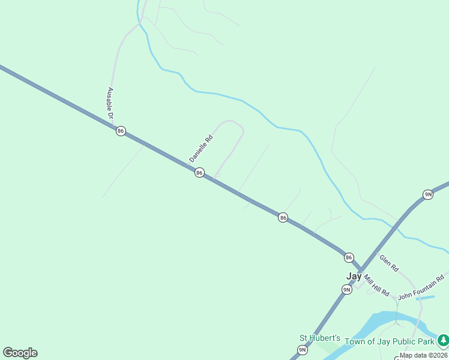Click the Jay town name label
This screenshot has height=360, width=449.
[354, 277]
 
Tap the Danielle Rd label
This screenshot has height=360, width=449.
[201, 148]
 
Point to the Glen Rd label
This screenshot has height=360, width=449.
[389, 263]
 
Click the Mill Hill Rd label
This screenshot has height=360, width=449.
[376, 285]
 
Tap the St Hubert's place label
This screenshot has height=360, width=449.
[320, 338]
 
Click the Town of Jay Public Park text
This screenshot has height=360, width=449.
[389, 341]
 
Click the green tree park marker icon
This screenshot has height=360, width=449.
[443, 340]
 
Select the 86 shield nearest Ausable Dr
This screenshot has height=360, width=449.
[121, 131]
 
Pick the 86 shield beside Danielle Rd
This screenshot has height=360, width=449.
[199, 173]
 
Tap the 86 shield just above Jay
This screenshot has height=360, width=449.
[349, 257]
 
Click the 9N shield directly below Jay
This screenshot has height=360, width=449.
[346, 290]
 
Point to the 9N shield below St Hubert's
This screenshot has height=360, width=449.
[303, 350]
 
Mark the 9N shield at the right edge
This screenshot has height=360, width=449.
[428, 194]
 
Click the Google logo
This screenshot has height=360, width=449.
[20, 353]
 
